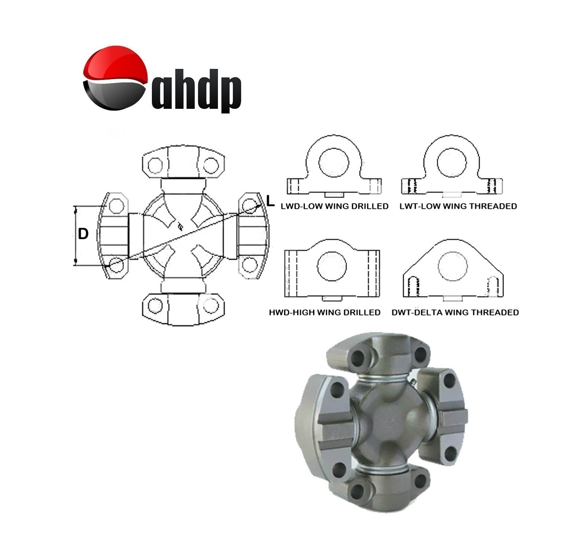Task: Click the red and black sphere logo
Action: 115,78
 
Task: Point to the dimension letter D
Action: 83,234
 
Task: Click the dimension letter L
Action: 270,201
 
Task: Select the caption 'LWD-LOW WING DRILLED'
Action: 334,206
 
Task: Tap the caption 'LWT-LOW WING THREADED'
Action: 458,206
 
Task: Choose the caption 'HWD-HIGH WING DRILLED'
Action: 324,312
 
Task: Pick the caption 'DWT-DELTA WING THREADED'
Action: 455,312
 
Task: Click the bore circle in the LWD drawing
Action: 333,162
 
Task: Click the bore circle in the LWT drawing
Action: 451,162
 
